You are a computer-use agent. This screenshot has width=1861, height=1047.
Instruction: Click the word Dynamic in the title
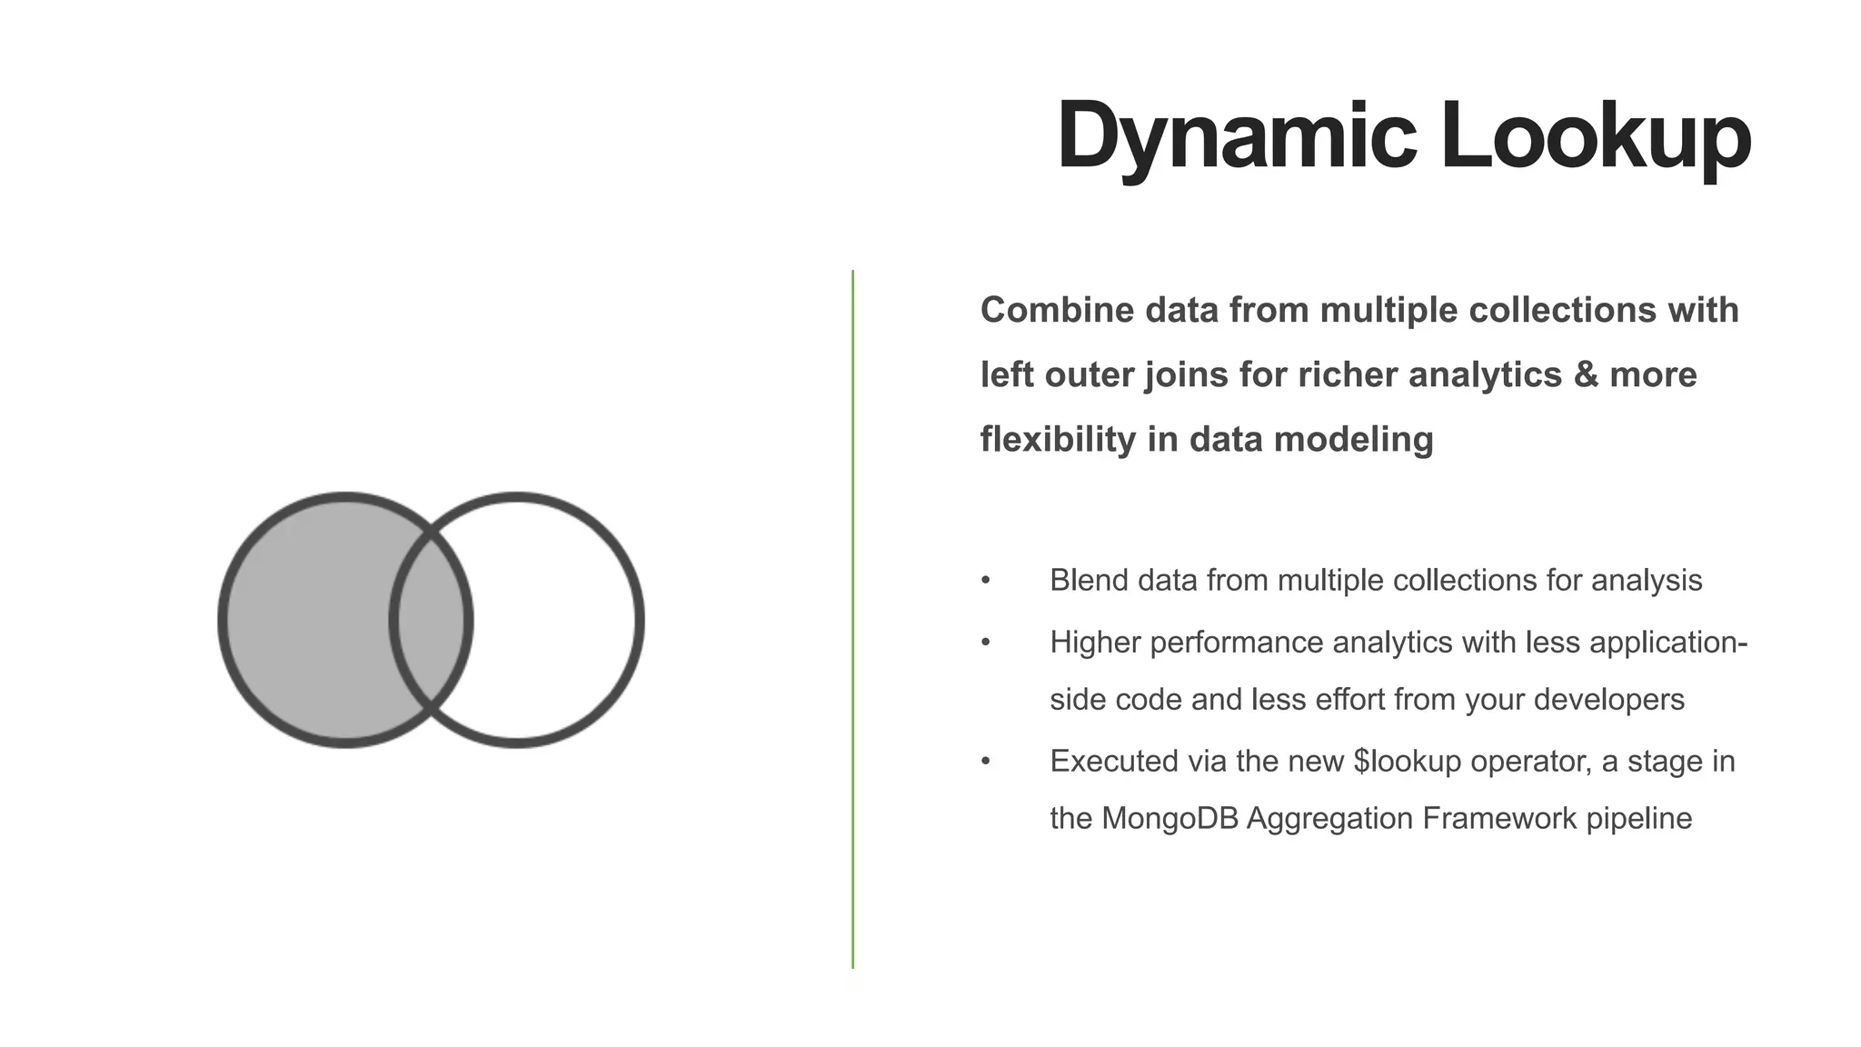1236,136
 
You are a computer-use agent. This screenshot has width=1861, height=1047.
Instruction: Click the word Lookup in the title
1596,136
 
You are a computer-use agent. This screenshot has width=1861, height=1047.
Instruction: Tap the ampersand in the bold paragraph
1586,374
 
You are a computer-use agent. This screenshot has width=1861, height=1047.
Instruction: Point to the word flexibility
1058,439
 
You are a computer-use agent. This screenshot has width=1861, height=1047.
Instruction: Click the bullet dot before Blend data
986,581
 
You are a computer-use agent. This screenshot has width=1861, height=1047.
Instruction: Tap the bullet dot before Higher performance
986,643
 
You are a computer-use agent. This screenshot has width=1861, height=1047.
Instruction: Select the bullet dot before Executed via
986,762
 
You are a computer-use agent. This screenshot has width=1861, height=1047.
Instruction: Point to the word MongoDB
1169,819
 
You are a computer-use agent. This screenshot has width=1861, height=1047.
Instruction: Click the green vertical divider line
852,618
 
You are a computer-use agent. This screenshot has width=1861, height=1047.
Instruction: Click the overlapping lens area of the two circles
431,620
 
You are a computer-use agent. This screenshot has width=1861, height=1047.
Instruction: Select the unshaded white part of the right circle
554,620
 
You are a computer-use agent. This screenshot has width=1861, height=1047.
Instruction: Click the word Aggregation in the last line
1329,819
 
